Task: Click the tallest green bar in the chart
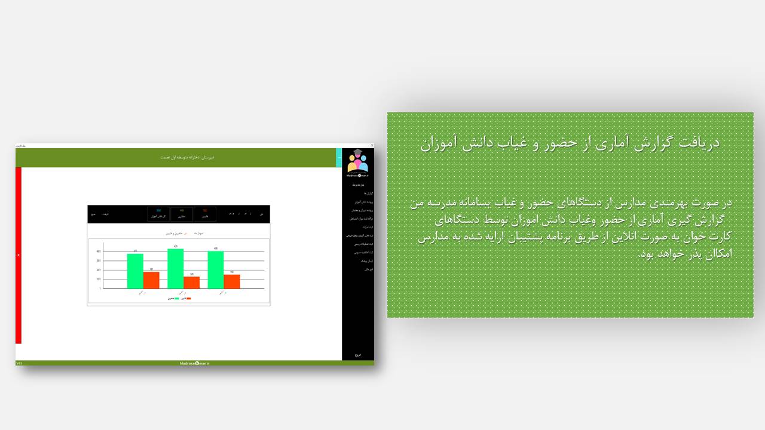[x=175, y=269]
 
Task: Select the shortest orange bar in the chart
[x=192, y=282]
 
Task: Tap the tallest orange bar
[x=151, y=280]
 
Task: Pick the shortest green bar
[x=135, y=271]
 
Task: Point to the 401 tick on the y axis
[x=99, y=251]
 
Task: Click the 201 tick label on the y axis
[x=99, y=270]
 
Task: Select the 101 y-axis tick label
[x=99, y=279]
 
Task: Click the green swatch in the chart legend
[x=176, y=298]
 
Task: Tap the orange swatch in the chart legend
[x=189, y=298]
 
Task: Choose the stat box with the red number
[x=205, y=214]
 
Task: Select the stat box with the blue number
[x=158, y=214]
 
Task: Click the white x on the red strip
[x=19, y=255]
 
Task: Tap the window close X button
[x=372, y=146]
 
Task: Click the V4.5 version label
[x=19, y=363]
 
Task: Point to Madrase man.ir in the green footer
[x=195, y=363]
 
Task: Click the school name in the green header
[x=187, y=157]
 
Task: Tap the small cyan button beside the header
[x=339, y=158]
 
